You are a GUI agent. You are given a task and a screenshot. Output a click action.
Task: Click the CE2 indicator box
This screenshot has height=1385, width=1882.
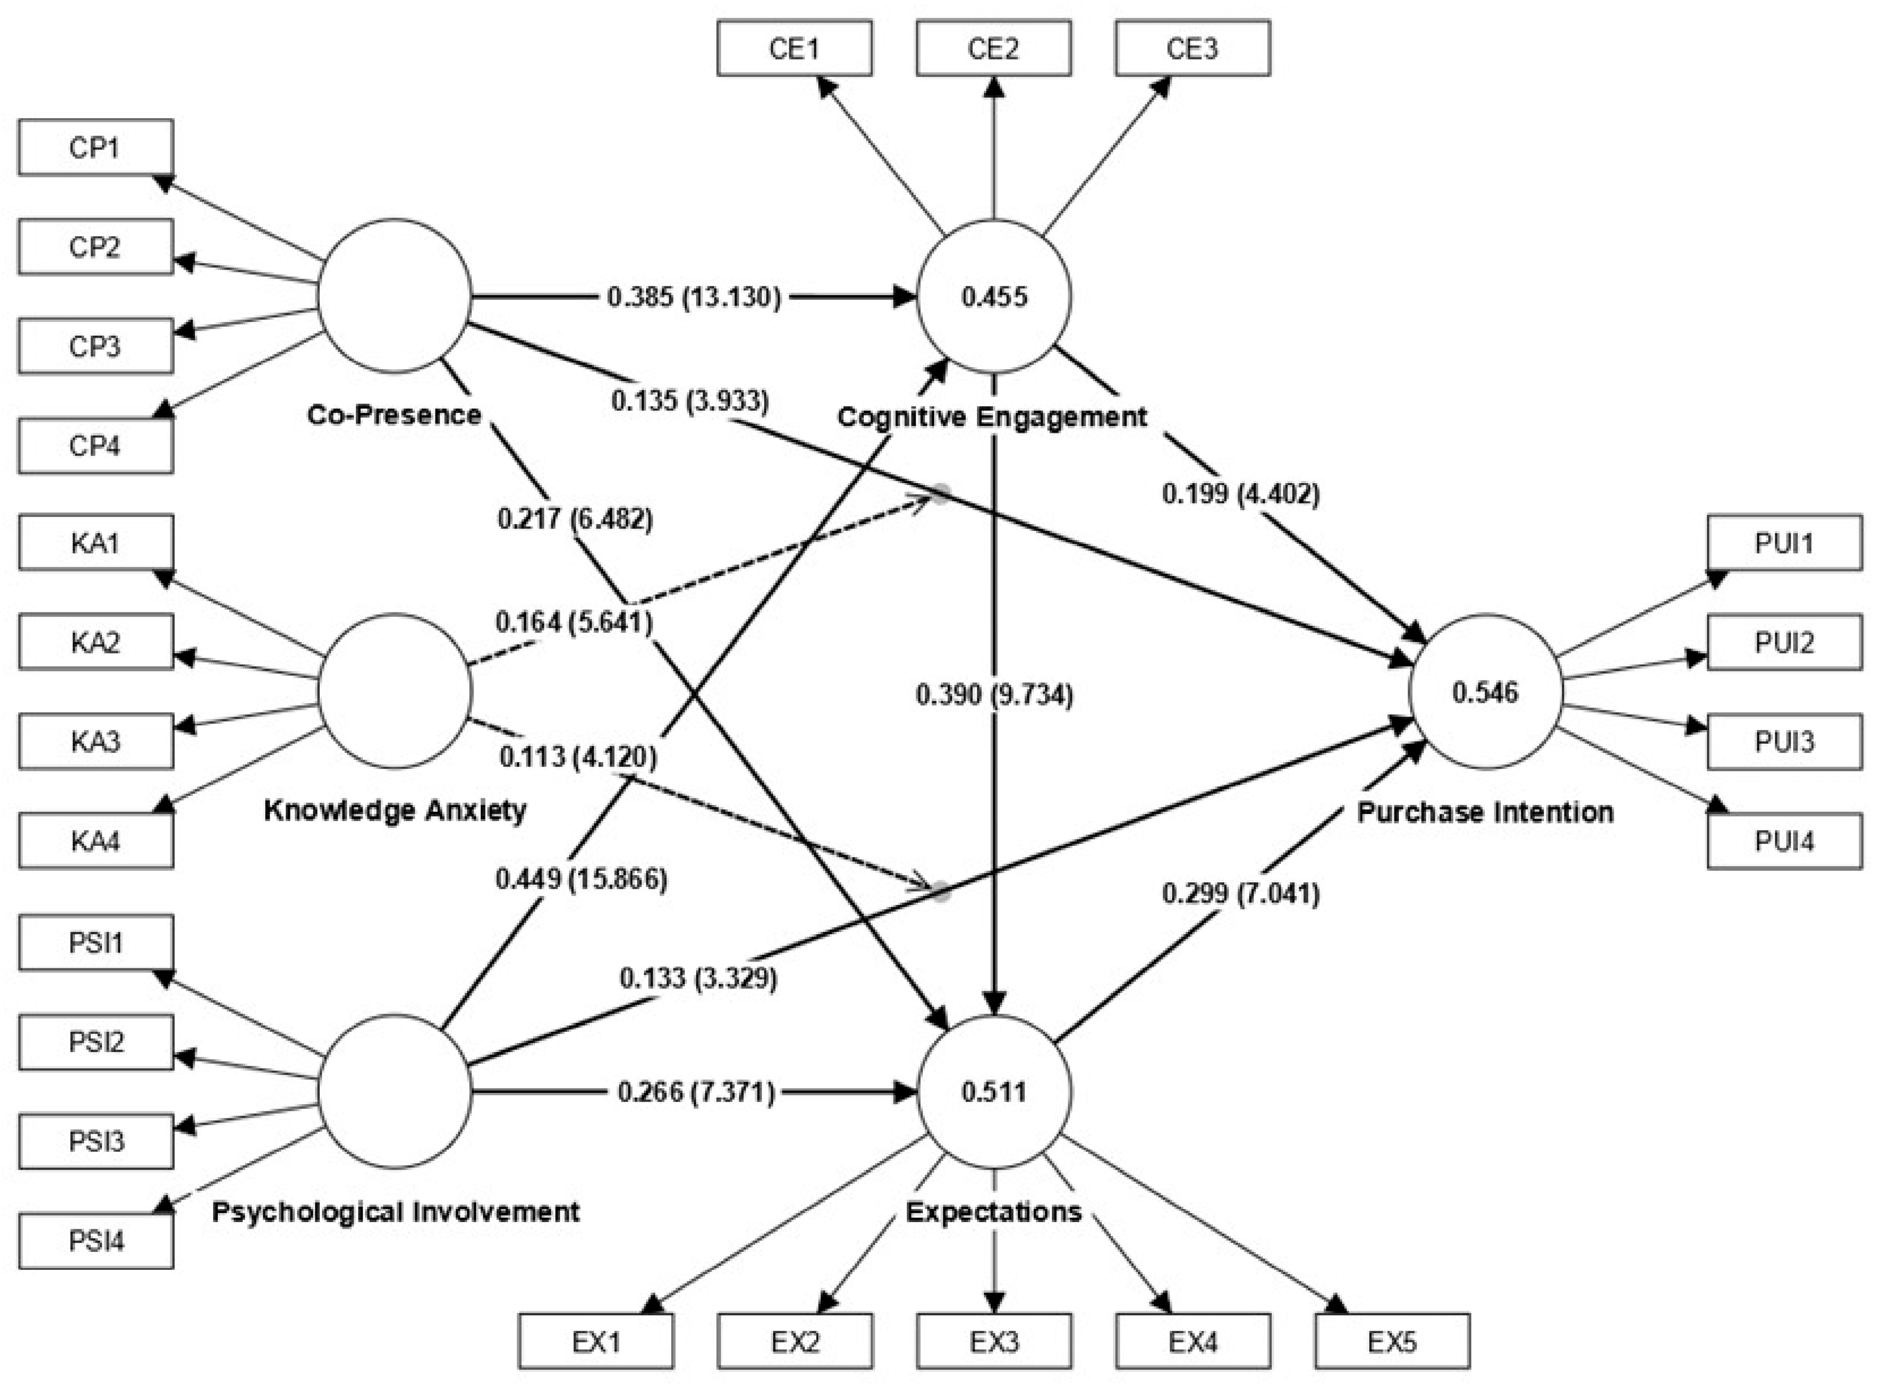click(993, 49)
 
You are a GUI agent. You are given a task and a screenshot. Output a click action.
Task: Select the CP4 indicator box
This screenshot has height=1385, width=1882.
click(95, 445)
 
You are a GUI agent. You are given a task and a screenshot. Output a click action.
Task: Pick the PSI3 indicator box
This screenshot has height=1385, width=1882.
click(95, 1141)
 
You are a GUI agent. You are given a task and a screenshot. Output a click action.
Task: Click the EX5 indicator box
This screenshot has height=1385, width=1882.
click(1392, 1341)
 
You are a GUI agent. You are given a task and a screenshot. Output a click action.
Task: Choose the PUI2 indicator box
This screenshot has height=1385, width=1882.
click(1784, 642)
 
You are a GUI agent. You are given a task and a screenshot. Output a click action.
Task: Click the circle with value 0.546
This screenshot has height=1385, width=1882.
click(1485, 692)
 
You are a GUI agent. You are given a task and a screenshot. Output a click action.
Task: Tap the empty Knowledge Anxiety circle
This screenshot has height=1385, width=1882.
click(395, 690)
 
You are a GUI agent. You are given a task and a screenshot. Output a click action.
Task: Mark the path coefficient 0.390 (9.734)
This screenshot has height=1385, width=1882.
click(994, 695)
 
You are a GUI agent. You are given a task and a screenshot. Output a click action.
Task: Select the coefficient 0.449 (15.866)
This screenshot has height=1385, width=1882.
click(581, 879)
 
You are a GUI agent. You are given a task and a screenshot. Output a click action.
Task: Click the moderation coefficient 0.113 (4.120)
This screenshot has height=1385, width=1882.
click(579, 757)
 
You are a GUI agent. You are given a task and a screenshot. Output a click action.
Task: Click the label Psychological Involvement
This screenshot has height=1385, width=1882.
click(395, 1212)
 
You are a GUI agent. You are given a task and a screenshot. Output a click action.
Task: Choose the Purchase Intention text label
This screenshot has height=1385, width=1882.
click(1485, 812)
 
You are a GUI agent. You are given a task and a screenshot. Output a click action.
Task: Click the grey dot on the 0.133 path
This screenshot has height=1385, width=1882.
click(942, 891)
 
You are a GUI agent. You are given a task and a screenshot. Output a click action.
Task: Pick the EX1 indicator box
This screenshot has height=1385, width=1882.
click(596, 1341)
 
